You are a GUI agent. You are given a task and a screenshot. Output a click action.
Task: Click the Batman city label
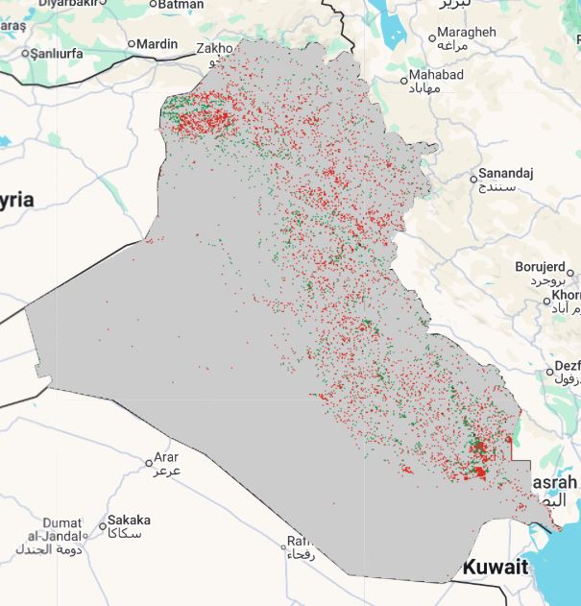pos(181,5)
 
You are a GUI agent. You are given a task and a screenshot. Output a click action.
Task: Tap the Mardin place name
pos(157,44)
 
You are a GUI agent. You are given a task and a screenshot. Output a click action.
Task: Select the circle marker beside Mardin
pos(132,45)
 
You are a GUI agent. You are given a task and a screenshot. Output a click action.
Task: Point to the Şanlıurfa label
pos(59,53)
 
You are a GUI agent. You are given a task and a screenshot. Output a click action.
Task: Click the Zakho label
pos(213,48)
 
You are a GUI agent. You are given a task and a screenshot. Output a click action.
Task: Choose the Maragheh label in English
pos(467,32)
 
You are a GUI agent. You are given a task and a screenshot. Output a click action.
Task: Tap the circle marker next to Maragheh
pos(432,38)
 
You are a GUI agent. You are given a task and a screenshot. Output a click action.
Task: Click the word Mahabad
pos(436,75)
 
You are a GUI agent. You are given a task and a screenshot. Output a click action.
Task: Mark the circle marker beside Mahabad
pos(404,81)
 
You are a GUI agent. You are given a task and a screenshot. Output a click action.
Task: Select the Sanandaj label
pos(506,173)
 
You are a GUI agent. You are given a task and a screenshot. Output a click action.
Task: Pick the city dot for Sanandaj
pos(473,178)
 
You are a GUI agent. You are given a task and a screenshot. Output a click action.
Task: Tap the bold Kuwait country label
pos(496,568)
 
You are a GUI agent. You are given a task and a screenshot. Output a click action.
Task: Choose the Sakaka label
pos(129,520)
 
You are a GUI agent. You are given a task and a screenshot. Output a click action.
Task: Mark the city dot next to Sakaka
pos(103,525)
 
